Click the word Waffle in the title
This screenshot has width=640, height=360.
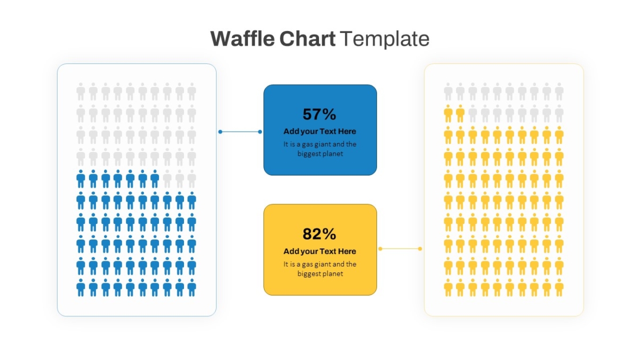point(243,38)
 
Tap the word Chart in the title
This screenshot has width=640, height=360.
point(307,38)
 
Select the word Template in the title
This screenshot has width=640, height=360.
point(385,39)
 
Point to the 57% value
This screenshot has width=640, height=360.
point(319,114)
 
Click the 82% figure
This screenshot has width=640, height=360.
point(319,234)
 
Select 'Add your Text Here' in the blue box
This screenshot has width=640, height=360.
point(319,131)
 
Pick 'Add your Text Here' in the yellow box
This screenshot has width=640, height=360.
point(319,251)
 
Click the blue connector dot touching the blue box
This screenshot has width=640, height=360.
point(260,132)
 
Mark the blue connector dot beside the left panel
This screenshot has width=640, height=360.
point(220,132)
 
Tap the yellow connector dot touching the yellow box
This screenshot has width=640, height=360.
point(380,249)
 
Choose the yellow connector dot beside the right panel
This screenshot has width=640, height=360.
point(420,249)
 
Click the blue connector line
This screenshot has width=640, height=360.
point(240,132)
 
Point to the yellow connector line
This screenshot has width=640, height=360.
point(400,249)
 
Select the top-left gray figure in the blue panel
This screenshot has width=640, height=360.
point(81,92)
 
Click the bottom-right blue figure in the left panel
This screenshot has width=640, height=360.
point(191,287)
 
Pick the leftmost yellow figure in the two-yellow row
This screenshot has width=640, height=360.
point(448,114)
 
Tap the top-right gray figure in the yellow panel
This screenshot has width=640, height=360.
point(559,92)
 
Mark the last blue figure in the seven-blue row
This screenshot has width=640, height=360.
point(155,179)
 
